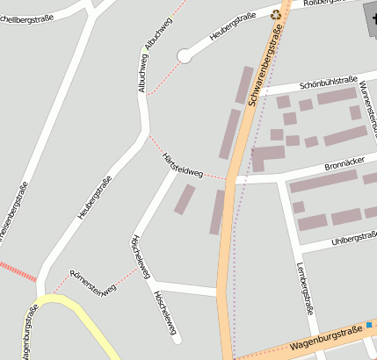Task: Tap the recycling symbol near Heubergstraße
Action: pos(277,14)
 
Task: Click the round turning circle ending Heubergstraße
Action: pos(184,56)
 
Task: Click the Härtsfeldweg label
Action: pos(182,164)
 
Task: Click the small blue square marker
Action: pos(370,325)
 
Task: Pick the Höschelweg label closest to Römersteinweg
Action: pos(136,256)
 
